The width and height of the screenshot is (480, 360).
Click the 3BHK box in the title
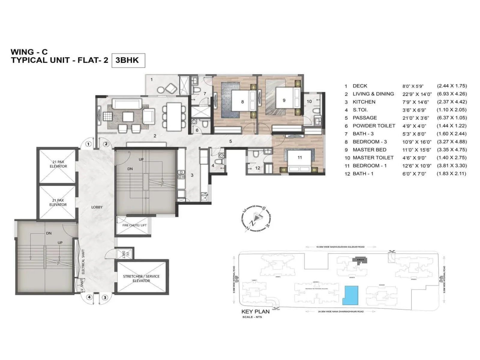pyautogui.click(x=128, y=60)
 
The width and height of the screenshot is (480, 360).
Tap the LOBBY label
pyautogui.click(x=97, y=207)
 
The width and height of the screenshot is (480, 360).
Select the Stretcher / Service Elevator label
pyautogui.click(x=141, y=278)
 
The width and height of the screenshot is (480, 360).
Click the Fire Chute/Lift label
pyautogui.click(x=134, y=225)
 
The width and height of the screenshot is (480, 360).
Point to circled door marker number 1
pyautogui.click(x=88, y=144)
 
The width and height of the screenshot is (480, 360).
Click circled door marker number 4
pyautogui.click(x=89, y=297)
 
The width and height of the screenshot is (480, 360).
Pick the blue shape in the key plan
pyautogui.click(x=350, y=295)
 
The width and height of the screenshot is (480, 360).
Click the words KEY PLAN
pyautogui.click(x=255, y=311)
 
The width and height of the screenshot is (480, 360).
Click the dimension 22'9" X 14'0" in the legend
pyautogui.click(x=417, y=94)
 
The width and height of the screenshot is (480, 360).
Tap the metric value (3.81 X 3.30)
pyautogui.click(x=451, y=166)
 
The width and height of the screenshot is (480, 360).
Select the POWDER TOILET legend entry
pyautogui.click(x=374, y=126)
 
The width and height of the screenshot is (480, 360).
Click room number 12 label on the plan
pyautogui.click(x=257, y=168)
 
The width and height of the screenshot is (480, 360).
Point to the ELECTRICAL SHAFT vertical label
pyautogui.click(x=83, y=262)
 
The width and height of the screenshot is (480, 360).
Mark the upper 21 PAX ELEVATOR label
pyautogui.click(x=58, y=164)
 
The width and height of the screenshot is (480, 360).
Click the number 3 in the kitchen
pyautogui.click(x=192, y=175)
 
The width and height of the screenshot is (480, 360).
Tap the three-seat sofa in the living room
pyautogui.click(x=127, y=104)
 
